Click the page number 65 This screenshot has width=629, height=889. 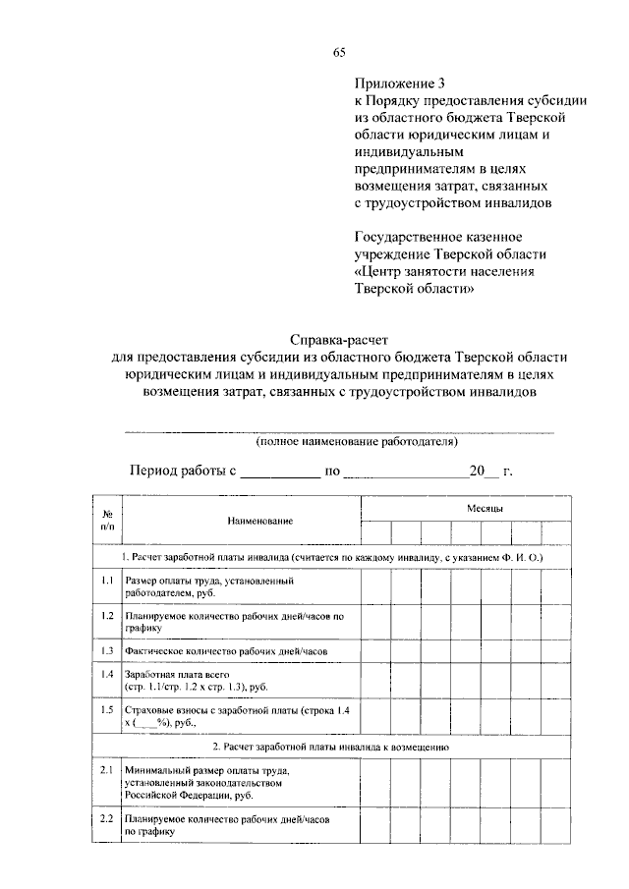click(x=339, y=53)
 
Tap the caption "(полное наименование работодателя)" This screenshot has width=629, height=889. click(x=339, y=442)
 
